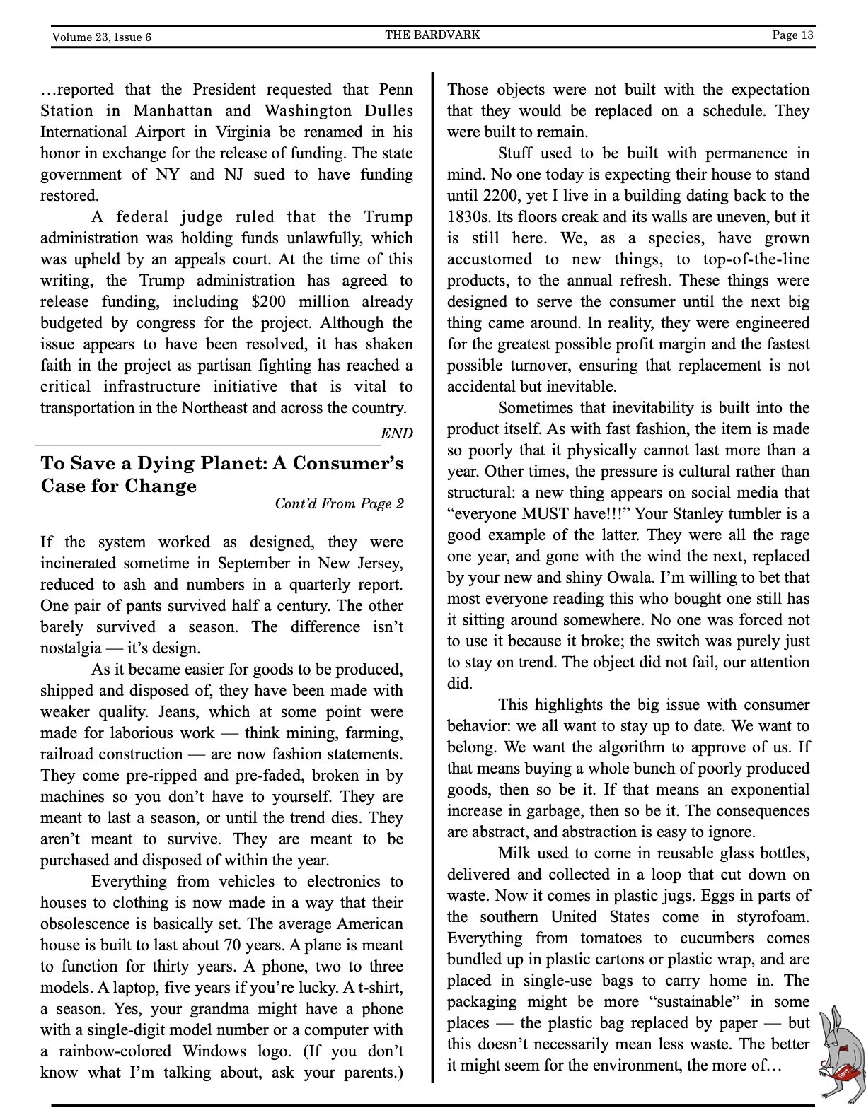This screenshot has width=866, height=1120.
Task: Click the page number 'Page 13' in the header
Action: pos(792,35)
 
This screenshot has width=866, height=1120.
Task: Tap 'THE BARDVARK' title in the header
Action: pos(432,35)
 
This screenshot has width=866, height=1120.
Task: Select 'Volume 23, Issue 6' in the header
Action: pos(101,37)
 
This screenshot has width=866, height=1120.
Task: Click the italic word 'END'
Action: pos(396,433)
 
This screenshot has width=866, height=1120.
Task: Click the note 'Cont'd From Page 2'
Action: pos(339,503)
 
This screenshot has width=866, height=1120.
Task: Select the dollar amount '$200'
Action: pos(269,302)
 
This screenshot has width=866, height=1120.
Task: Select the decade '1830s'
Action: pos(469,217)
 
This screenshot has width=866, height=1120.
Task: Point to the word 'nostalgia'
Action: pos(71,648)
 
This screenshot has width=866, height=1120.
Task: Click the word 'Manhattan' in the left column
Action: pos(173,111)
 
